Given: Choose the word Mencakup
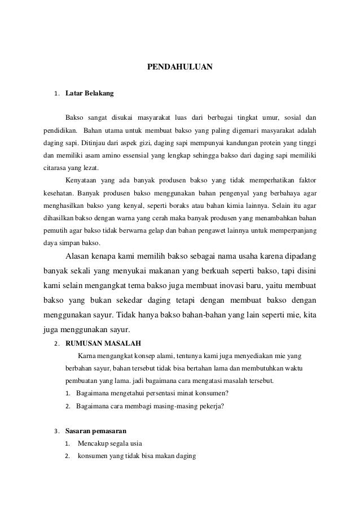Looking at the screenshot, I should pos(95,443).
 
